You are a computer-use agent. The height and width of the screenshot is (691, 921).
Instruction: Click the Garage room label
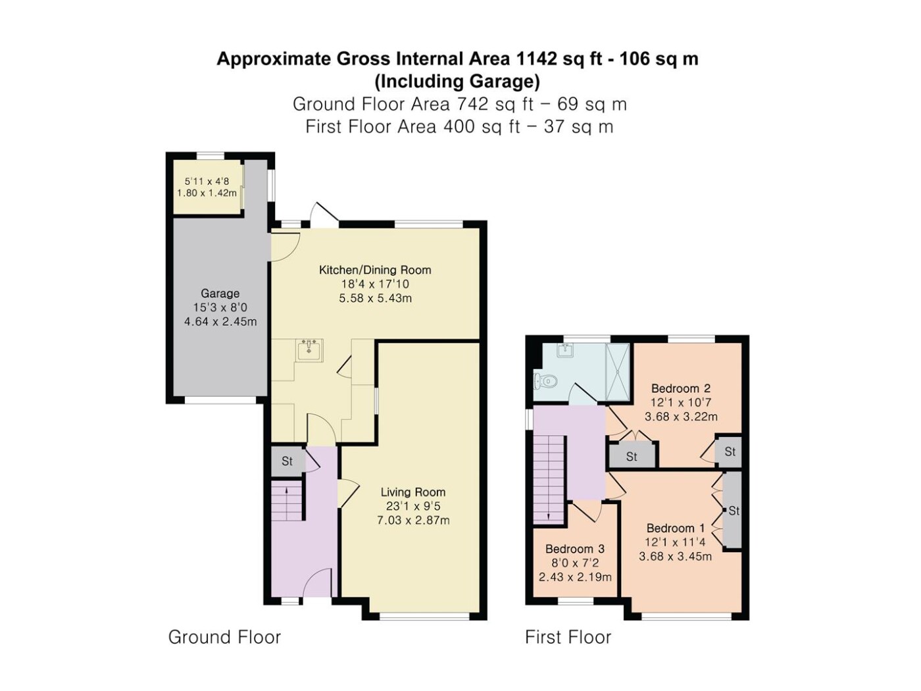[x=220, y=294]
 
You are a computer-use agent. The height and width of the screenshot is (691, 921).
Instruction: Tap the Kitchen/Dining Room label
[x=375, y=270]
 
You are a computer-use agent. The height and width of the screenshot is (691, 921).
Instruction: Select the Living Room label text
[x=413, y=492]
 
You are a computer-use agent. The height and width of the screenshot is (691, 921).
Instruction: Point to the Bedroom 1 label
[x=676, y=528]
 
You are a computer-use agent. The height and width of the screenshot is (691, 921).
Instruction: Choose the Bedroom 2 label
[x=681, y=388]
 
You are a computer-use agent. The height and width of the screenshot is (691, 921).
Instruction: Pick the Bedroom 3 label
[x=575, y=549]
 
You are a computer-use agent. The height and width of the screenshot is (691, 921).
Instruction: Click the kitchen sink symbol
[x=309, y=350]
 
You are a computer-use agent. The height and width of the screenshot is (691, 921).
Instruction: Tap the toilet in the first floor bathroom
[x=545, y=381]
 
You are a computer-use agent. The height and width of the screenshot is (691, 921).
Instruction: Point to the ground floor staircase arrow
[x=287, y=503]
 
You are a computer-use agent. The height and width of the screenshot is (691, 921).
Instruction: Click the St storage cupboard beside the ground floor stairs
[x=287, y=461]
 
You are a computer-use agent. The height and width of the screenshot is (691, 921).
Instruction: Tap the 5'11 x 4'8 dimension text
[x=207, y=182]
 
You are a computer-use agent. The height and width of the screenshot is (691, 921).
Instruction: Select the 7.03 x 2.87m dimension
[x=413, y=521]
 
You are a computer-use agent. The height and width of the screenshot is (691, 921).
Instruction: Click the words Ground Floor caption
[x=224, y=637]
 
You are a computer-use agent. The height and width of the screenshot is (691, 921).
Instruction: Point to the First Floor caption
[x=568, y=637]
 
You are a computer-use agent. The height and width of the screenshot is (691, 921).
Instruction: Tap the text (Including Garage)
[x=457, y=82]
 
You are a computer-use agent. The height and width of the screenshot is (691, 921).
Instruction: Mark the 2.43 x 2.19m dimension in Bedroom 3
[x=575, y=577]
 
